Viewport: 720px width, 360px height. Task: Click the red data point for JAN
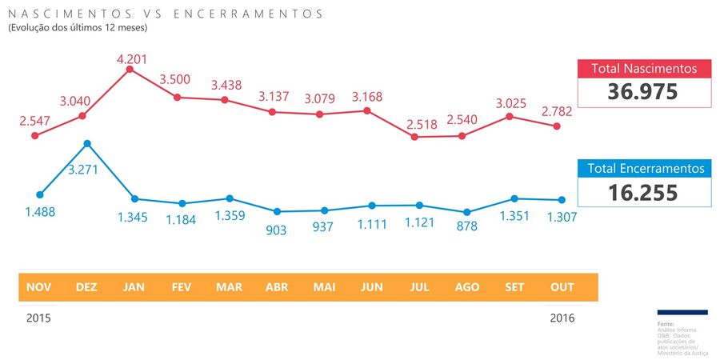(x=130, y=70)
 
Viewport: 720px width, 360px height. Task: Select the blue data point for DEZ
(x=87, y=144)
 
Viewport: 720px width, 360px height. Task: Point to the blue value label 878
(x=466, y=226)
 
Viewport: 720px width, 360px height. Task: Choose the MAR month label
(x=229, y=287)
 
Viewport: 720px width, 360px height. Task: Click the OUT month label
(x=562, y=287)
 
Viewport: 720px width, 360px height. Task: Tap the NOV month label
(x=38, y=287)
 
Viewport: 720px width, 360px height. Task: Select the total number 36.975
(x=643, y=92)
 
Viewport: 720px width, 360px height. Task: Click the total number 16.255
(x=643, y=193)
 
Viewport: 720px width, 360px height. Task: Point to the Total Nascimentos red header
(x=644, y=69)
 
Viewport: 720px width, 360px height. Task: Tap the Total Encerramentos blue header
(x=645, y=169)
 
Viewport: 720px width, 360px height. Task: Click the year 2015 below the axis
(x=38, y=318)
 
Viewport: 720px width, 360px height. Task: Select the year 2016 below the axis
(x=562, y=318)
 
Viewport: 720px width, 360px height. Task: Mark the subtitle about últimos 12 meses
(x=78, y=28)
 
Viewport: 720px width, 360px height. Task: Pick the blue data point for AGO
(x=466, y=212)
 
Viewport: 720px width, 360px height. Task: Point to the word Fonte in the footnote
(x=665, y=323)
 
